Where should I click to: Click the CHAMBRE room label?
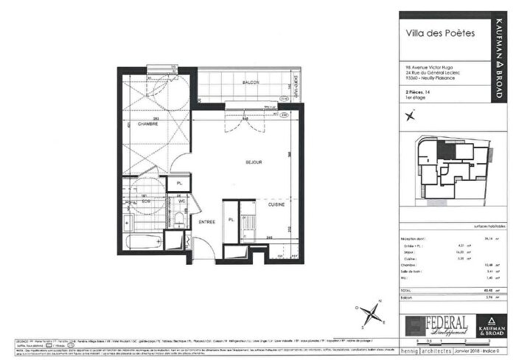click(139, 124)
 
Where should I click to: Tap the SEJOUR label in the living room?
click(254, 162)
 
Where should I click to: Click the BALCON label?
click(252, 83)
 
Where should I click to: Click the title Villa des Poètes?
click(440, 32)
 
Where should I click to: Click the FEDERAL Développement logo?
click(436, 325)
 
